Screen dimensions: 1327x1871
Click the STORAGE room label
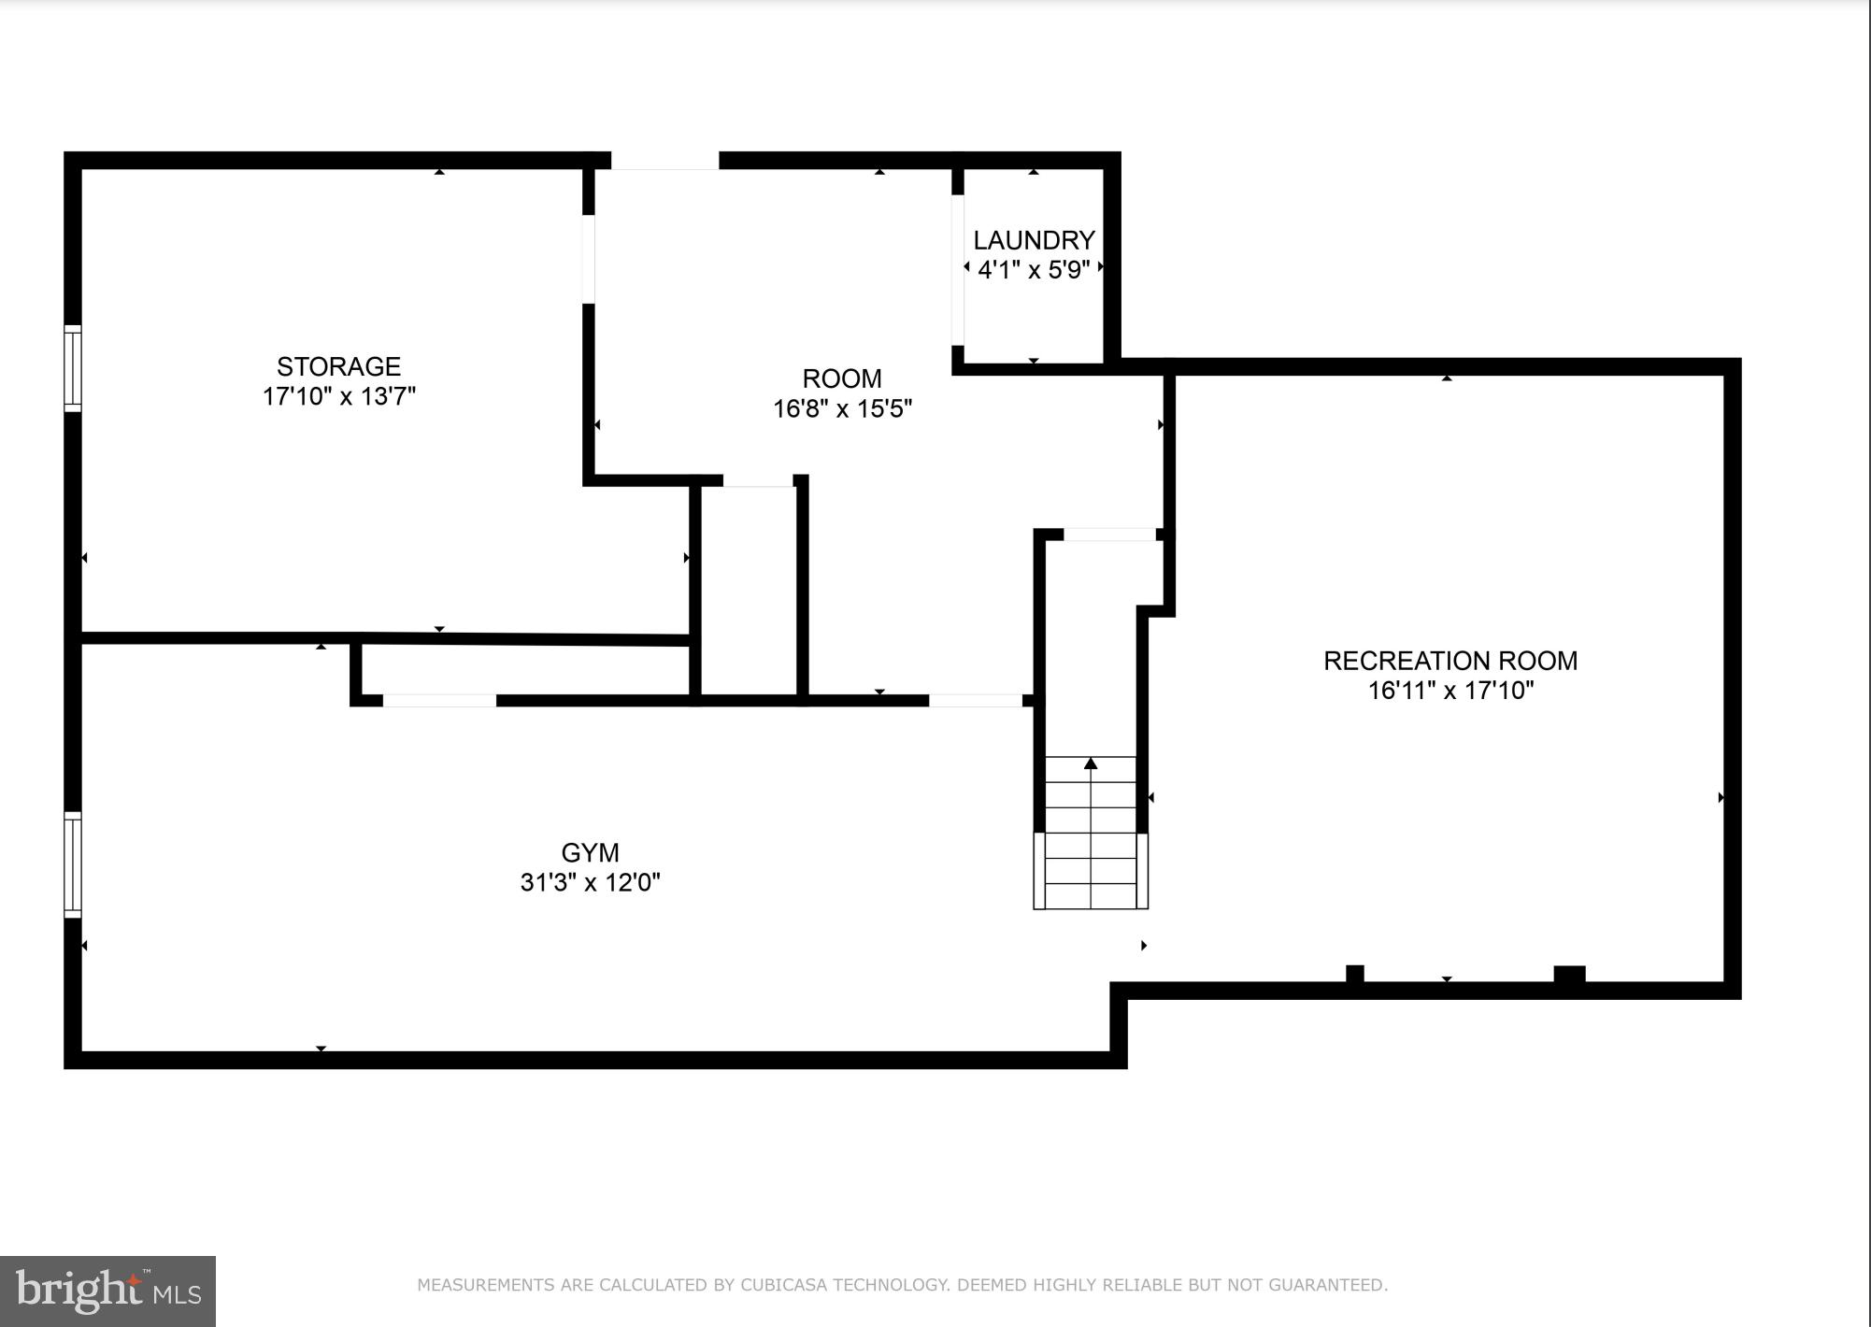(x=338, y=366)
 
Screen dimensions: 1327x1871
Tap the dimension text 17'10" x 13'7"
(x=338, y=396)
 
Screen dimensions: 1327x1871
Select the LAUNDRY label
(x=1034, y=240)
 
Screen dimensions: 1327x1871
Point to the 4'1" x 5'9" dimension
(x=1034, y=270)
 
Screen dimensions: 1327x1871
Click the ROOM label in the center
(x=841, y=378)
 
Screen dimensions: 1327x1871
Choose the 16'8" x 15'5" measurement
(x=841, y=408)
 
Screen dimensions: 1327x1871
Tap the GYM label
(x=590, y=852)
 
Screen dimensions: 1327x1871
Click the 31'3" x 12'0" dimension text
(x=590, y=882)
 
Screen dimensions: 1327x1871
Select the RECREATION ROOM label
(x=1450, y=661)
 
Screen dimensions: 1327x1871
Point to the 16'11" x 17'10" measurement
(x=1450, y=691)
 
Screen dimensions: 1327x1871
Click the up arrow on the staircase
(x=1091, y=763)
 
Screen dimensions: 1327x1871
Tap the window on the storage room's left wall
(x=72, y=368)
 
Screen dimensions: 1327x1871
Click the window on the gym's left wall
(x=72, y=864)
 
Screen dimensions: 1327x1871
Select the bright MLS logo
(x=107, y=1291)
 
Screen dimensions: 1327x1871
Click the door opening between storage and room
(x=588, y=259)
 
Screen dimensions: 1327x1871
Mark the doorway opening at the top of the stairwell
(x=1109, y=535)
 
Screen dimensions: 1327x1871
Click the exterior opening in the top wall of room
(x=664, y=162)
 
